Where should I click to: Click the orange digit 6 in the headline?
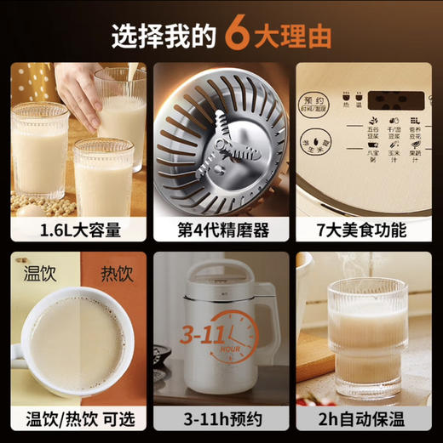coord(240,35)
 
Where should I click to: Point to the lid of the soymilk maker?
coord(218,274)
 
